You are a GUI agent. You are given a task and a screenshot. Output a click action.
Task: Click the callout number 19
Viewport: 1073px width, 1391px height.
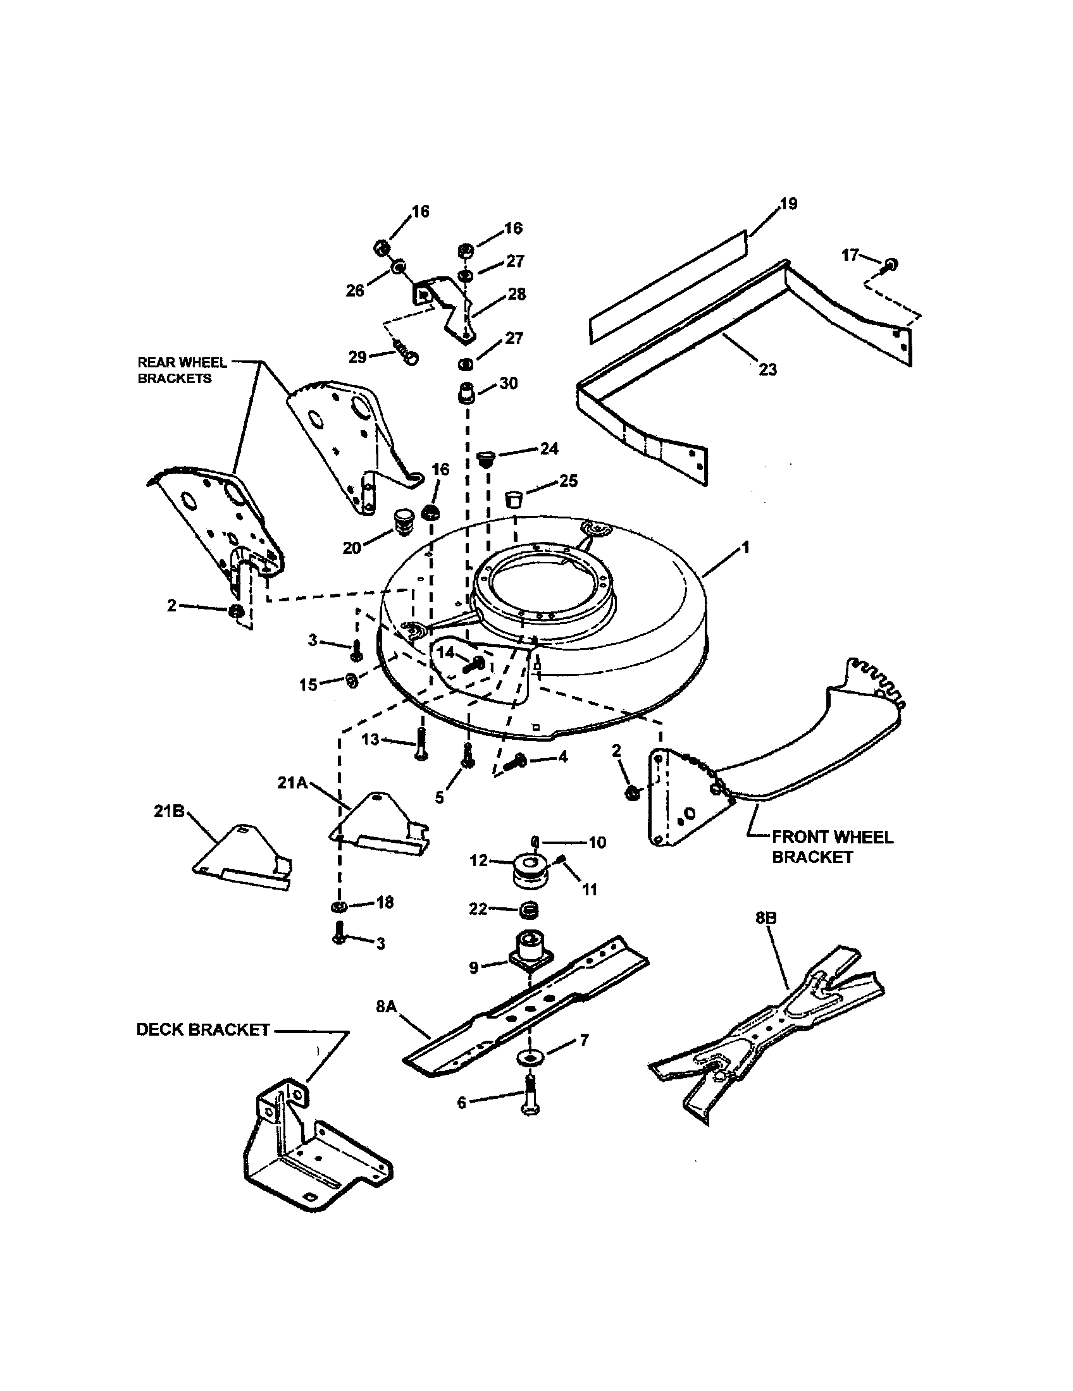788,204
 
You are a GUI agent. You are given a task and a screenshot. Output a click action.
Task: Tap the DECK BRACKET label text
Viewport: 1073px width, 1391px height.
202,1030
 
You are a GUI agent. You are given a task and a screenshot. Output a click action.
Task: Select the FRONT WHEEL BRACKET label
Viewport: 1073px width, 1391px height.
832,847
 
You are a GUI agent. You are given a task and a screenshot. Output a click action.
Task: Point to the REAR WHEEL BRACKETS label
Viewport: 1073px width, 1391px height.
182,370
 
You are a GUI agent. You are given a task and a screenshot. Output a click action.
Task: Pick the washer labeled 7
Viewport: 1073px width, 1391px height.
529,1057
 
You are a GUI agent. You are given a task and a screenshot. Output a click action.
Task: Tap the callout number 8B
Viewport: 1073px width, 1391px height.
766,919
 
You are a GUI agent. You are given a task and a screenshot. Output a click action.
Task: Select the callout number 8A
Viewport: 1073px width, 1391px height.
386,1007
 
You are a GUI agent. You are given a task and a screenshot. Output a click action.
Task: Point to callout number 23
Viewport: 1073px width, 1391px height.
768,369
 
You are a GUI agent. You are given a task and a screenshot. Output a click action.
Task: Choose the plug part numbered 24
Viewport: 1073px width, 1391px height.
487,457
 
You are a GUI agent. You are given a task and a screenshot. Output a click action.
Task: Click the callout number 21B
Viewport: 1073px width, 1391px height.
169,811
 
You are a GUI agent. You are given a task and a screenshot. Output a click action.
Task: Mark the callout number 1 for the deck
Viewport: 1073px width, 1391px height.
745,548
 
